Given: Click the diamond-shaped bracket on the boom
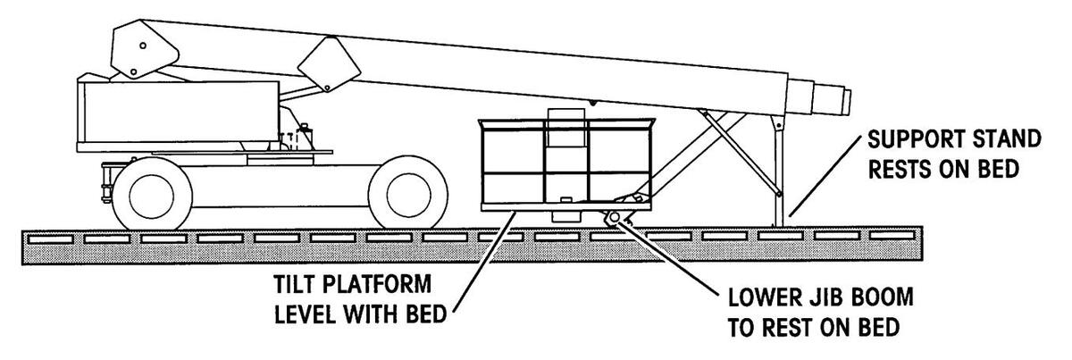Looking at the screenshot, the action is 324,66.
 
